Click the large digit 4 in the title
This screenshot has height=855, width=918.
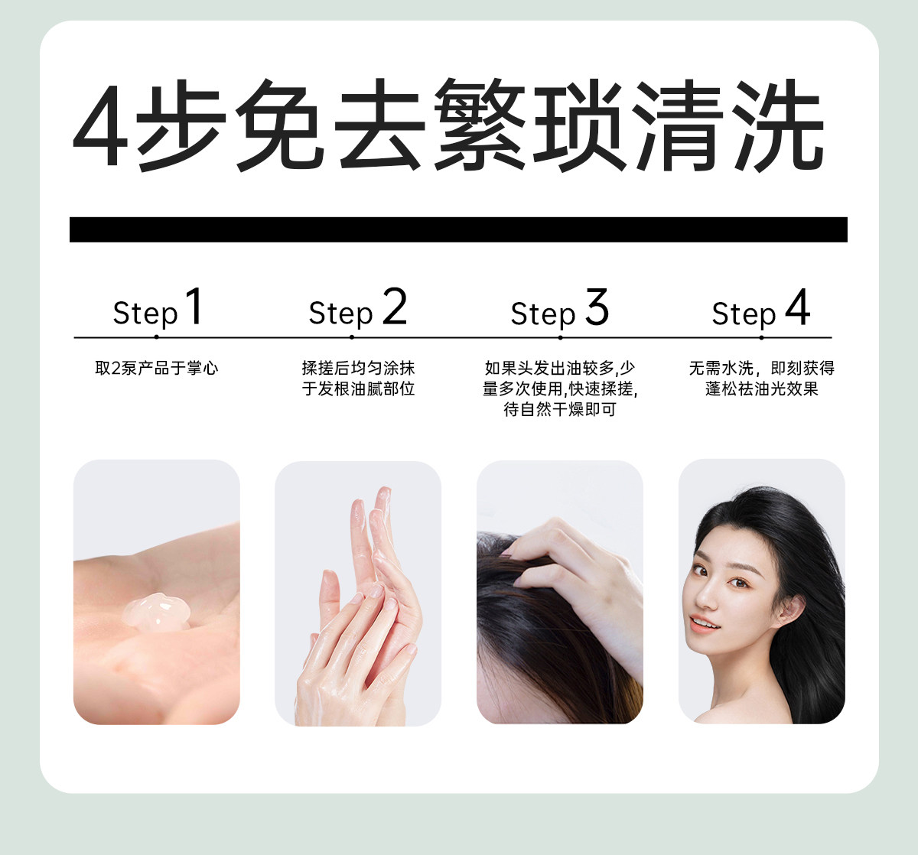coord(100,125)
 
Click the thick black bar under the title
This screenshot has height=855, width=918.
coord(458,229)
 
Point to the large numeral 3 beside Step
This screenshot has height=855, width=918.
coord(597,306)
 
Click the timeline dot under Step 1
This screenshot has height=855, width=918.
coord(156,337)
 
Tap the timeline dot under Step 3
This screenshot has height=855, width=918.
coord(560,338)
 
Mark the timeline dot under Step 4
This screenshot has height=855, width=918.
coord(761,338)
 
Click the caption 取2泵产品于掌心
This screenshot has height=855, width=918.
coord(156,369)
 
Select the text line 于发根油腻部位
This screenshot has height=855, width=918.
coord(358,388)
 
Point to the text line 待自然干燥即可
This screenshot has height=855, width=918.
coord(560,409)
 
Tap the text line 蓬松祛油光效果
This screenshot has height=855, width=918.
coord(762,388)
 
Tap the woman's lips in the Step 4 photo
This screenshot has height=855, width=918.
coord(704,624)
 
